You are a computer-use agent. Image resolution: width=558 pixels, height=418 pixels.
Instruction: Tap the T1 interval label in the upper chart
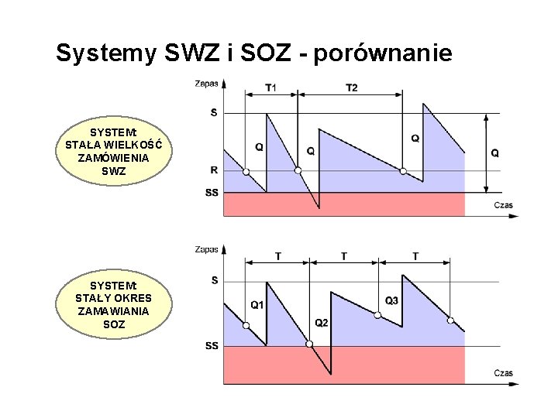[x=270, y=87]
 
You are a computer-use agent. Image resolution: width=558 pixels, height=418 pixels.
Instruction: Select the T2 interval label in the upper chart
[x=351, y=87]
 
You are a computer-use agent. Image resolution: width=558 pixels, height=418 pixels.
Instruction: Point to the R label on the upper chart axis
[x=214, y=170]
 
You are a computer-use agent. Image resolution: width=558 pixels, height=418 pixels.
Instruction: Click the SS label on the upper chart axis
[x=212, y=192]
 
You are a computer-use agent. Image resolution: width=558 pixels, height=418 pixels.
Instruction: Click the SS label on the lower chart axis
[x=212, y=346]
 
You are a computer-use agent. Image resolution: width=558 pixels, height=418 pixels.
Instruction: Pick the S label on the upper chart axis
[x=214, y=113]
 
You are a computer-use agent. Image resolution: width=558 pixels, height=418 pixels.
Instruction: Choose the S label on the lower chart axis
[x=215, y=280]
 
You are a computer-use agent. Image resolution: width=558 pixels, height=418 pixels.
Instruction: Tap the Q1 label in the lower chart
[x=257, y=305]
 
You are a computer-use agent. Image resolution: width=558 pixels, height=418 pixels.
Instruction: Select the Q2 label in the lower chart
[x=322, y=323]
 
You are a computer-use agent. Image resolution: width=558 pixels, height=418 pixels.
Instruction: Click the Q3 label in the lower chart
[x=391, y=300]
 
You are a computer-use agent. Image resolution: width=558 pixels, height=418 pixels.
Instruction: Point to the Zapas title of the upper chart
[x=206, y=83]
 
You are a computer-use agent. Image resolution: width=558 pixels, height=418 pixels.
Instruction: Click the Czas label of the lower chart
[x=503, y=373]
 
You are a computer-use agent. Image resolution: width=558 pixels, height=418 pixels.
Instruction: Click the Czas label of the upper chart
[x=503, y=205]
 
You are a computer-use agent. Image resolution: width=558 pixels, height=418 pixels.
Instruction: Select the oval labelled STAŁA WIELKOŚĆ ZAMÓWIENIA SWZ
[x=114, y=151]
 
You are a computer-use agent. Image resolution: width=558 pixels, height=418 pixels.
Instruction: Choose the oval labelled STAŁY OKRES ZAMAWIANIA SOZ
[x=114, y=305]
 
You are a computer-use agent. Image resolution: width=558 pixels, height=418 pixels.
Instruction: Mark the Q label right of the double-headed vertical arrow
[x=495, y=153]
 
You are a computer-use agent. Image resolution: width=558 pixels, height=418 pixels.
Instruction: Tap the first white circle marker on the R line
[x=246, y=171]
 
